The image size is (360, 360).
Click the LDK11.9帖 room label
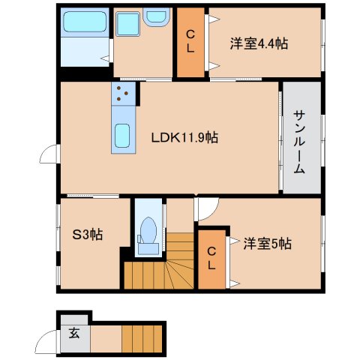click(184, 138)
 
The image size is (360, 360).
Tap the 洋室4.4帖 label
click(259, 43)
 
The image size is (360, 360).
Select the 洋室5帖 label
click(267, 243)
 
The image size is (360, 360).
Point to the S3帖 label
click(88, 235)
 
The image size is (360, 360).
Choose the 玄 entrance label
click(74, 333)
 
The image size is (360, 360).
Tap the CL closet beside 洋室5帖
click(212, 258)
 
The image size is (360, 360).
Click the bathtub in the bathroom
click(84, 24)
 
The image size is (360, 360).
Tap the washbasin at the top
click(158, 16)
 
